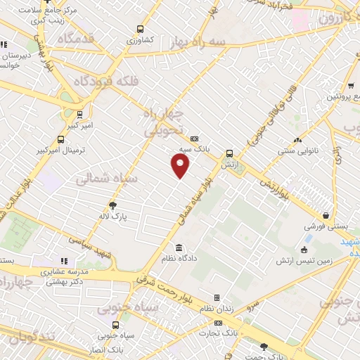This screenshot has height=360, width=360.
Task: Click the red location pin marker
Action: click(181, 165)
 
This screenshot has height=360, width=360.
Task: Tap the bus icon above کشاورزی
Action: click(140, 29)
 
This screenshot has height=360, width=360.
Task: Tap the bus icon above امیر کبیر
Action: click(79, 113)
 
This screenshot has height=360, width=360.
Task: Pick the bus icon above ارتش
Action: click(229, 154)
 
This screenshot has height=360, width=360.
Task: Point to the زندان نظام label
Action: click(217, 309)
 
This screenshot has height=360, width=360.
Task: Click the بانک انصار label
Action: click(115, 349)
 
